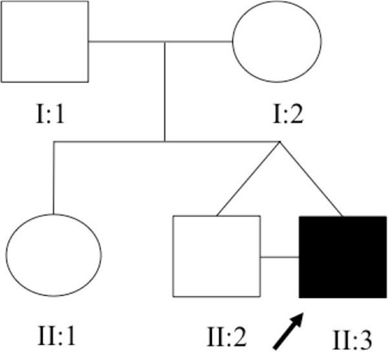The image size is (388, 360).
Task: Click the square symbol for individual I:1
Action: click(44, 41)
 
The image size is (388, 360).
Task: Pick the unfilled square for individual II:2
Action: click(216, 256)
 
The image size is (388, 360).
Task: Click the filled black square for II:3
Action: click(343, 257)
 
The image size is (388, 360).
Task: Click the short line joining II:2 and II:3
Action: click(279, 257)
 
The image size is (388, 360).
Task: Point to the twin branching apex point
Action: click(279, 141)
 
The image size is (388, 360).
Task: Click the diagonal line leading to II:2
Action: click(248, 178)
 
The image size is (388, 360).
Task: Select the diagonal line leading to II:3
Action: click(310, 178)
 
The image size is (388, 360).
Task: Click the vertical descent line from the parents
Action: click(165, 91)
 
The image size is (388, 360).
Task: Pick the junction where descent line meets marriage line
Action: click(165, 43)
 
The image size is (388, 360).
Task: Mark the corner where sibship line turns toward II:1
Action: click(54, 141)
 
